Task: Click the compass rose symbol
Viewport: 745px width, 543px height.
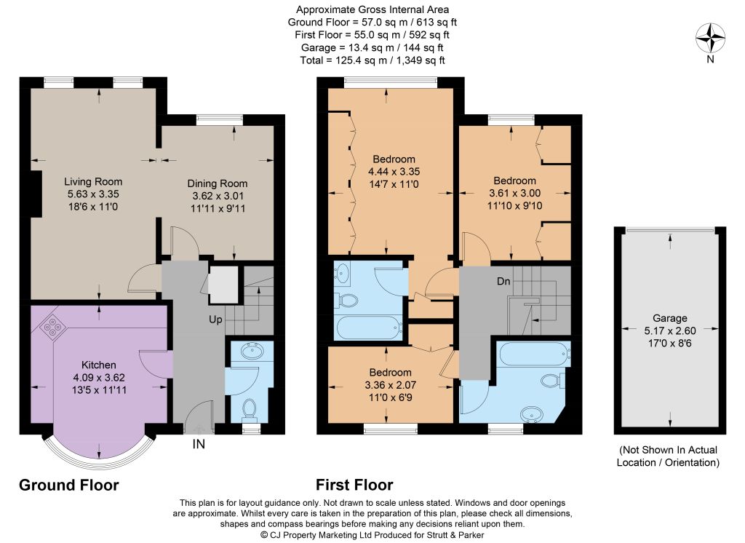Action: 710,38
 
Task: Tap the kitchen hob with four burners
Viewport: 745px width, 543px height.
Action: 52,327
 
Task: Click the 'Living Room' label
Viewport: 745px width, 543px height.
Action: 93,182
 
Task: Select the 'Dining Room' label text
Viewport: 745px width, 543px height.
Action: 217,183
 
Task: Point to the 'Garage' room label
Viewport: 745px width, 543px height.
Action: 669,318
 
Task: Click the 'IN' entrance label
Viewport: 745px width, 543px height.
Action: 199,444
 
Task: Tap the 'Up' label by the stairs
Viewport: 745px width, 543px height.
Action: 215,320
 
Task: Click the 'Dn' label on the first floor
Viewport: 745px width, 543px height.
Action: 503,281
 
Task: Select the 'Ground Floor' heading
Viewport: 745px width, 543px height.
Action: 69,485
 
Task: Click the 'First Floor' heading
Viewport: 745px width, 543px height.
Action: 354,485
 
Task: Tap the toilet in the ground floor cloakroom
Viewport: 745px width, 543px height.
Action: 249,410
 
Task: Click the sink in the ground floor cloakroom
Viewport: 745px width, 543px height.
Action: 250,352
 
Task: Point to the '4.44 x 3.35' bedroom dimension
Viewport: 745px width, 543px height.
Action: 394,172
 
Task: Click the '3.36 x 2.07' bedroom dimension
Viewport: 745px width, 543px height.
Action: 391,385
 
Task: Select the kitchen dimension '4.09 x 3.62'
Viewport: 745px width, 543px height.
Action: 99,378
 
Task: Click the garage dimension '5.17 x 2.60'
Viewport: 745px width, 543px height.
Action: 670,331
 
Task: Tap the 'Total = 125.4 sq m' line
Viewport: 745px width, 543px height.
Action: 372,60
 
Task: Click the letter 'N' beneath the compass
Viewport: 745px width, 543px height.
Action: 710,60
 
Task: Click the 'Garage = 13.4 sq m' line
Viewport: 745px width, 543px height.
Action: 372,47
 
